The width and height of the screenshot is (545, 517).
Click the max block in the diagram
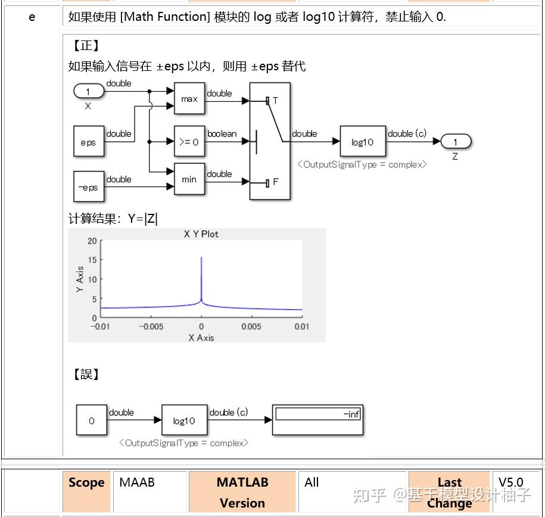pos(189,99)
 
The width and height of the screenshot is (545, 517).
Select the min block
pos(189,179)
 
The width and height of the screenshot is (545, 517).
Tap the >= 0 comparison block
pos(189,142)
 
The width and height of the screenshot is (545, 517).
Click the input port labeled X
pos(88,92)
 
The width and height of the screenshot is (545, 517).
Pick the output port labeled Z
pos(456,142)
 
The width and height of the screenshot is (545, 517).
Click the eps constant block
pos(88,142)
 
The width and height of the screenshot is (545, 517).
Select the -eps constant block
pos(88,187)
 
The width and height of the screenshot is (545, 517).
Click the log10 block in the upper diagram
pos(362,142)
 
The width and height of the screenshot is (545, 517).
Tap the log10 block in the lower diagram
pos(184,421)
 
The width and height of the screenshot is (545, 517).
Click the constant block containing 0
pos(91,421)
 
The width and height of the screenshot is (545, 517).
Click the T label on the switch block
pos(275,101)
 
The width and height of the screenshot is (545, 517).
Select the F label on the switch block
pos(275,182)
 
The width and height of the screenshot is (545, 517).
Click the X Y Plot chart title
pos(201,234)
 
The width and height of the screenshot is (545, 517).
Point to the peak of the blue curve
pos(201,258)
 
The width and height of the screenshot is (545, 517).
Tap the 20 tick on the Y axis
pos(91,241)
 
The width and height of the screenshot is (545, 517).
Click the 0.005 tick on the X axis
pos(251,326)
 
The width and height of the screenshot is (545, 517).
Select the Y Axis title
pos(80,279)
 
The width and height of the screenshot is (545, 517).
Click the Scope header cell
pos(86,483)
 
